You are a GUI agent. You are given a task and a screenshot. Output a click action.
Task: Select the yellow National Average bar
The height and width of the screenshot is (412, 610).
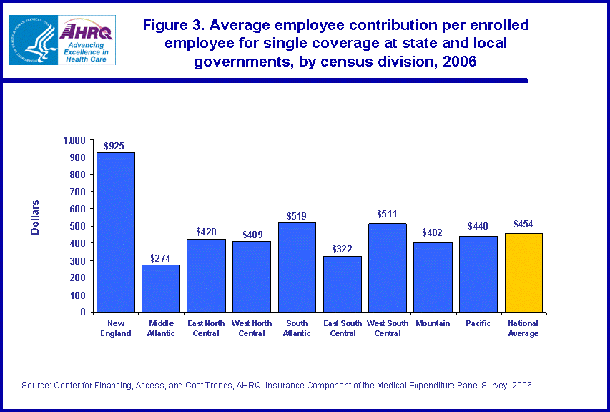(x=523, y=273)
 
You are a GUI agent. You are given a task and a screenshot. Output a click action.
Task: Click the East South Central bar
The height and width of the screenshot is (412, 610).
(x=342, y=284)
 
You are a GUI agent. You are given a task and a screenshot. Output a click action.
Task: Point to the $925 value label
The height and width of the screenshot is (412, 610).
(x=114, y=146)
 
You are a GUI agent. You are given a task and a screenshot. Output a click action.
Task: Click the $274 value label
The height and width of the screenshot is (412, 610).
(x=160, y=258)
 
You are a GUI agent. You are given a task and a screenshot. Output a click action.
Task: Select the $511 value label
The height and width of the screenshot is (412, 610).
(x=387, y=214)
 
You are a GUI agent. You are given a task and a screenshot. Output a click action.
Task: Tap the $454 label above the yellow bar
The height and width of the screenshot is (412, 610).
(x=523, y=224)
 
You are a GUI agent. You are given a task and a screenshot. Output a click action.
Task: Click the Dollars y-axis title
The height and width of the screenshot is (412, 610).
(x=35, y=217)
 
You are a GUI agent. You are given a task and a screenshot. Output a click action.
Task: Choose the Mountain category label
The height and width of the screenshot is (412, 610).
(x=433, y=323)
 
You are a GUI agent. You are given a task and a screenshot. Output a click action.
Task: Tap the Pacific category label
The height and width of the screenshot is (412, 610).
(x=478, y=323)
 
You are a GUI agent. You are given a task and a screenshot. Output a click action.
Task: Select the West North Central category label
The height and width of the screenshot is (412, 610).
(x=252, y=328)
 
